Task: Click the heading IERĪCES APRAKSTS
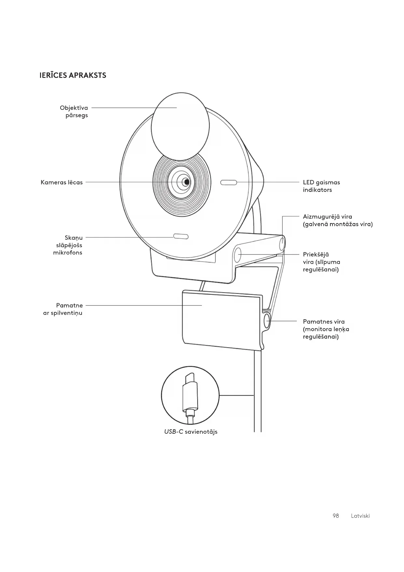tap(73, 75)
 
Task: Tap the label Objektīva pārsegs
tap(74, 112)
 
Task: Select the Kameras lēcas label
tap(62, 182)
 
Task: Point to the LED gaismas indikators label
tap(321, 186)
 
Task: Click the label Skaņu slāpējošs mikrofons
tap(68, 245)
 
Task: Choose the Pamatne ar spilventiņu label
tap(63, 309)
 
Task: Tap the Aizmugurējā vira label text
tap(337, 220)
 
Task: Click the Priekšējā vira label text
tap(321, 262)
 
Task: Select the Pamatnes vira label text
tap(326, 329)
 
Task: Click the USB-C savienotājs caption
tap(191, 432)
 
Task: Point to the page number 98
tap(336, 516)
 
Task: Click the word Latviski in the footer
tap(360, 516)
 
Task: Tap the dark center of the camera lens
tap(186, 182)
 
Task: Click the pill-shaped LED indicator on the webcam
tap(229, 182)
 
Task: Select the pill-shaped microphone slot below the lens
tap(181, 236)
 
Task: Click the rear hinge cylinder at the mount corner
tap(282, 243)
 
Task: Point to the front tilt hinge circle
tap(238, 255)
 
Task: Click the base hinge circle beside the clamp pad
tap(267, 321)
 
